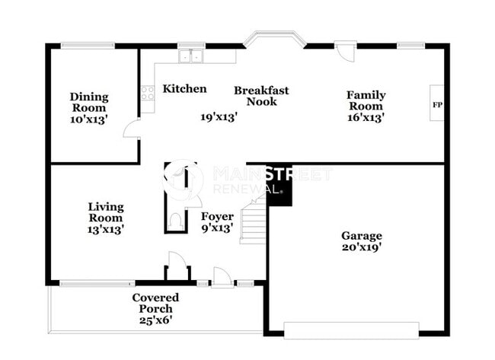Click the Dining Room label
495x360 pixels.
tap(89, 103)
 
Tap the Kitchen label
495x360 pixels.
tap(184, 89)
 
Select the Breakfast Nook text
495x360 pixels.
tap(261, 96)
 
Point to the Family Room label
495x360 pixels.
tap(366, 100)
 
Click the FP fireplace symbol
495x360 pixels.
tap(437, 105)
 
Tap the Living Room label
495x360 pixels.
tap(105, 212)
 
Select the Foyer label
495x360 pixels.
tap(217, 217)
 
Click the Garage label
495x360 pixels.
tap(362, 236)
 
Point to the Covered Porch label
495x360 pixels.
tap(155, 303)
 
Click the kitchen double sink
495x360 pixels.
tap(190, 55)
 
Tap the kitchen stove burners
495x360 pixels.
tap(147, 93)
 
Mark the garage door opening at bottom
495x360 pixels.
tap(351, 330)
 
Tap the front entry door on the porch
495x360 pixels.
tap(222, 278)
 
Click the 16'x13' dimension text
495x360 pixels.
tap(366, 117)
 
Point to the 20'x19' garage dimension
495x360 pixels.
tap(362, 247)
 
